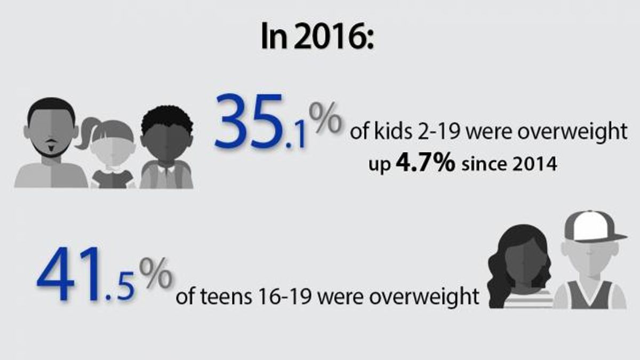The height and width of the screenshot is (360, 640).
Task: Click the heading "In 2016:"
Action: coord(317,36)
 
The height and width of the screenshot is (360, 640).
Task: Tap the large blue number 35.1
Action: coord(260,122)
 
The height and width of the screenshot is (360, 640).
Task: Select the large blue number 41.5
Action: coord(86,274)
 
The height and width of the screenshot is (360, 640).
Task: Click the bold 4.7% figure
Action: coord(426,162)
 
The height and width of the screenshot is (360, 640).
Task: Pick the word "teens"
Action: coord(226,297)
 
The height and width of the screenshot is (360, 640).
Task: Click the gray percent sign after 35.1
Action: coord(325,118)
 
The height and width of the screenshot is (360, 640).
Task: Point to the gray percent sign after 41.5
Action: coord(156,273)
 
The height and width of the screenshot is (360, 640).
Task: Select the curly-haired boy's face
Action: coord(166,143)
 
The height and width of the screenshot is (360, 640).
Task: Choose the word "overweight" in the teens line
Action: coord(424,298)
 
